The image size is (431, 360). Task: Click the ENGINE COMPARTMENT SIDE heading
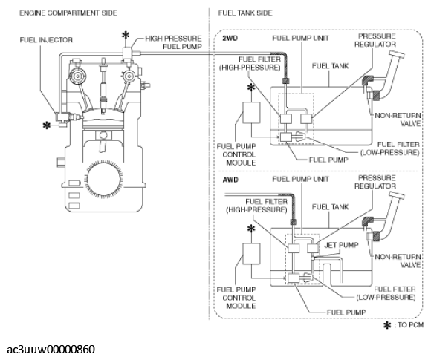[68, 13]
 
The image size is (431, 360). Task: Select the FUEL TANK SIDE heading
[245, 13]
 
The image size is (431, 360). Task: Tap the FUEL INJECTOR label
[46, 40]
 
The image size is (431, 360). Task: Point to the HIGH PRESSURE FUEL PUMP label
[173, 42]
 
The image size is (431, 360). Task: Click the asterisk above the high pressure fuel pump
[126, 36]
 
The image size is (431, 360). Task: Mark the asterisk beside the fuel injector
[47, 125]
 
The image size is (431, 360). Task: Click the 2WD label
[230, 38]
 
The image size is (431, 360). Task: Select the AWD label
[230, 180]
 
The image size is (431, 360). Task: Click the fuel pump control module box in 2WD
[251, 113]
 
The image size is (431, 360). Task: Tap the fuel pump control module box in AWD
[251, 254]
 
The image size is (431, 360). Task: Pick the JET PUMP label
[341, 245]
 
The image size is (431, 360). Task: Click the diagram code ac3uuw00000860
[51, 350]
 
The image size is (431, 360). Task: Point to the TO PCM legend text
[409, 325]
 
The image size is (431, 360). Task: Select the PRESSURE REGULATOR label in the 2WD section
[375, 40]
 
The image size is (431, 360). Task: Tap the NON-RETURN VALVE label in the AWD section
[398, 261]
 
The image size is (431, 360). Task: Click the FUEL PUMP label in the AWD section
[346, 312]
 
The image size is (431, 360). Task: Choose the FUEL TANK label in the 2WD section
[330, 66]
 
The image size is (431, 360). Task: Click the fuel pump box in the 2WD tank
[285, 137]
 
